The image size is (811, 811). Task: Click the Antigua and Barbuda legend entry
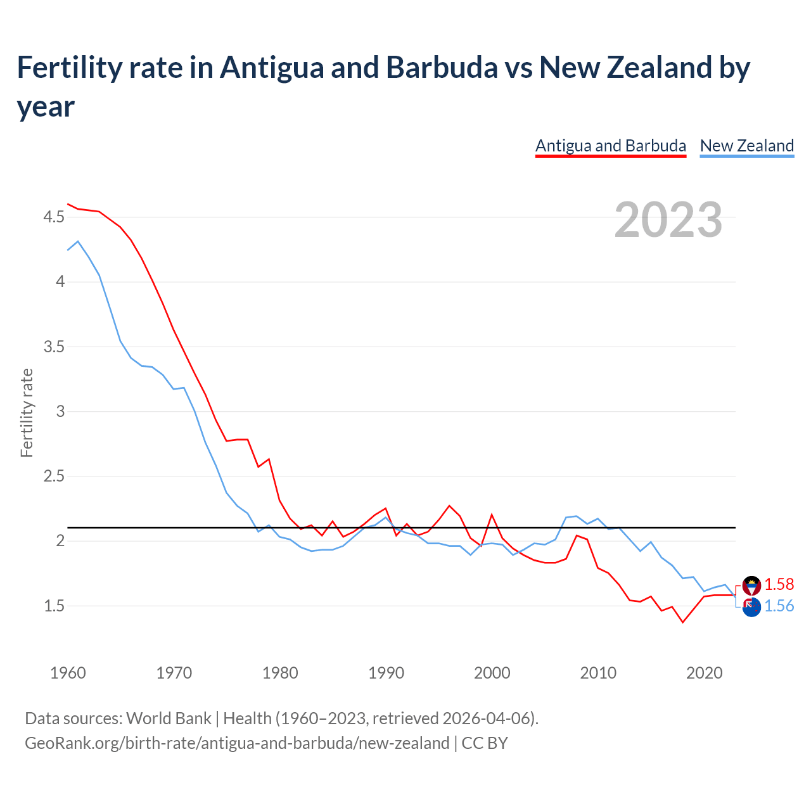click(x=610, y=146)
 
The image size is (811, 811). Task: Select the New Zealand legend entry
click(x=746, y=146)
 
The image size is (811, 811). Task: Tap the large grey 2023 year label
click(x=668, y=219)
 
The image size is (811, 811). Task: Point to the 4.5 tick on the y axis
click(x=54, y=217)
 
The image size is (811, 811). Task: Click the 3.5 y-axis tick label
click(x=54, y=347)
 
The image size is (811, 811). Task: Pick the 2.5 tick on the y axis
click(x=54, y=476)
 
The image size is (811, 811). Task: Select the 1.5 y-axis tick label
click(x=54, y=606)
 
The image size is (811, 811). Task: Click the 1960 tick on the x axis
click(x=68, y=673)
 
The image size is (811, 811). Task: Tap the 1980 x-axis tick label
click(x=280, y=673)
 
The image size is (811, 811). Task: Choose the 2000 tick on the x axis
click(x=492, y=673)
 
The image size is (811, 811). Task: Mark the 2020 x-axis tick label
click(x=704, y=673)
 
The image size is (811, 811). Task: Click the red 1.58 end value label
click(x=779, y=584)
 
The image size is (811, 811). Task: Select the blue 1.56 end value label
click(x=779, y=606)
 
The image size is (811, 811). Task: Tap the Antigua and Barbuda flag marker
click(x=751, y=585)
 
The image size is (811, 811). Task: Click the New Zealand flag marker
click(x=751, y=608)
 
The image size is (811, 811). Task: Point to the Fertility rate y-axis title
click(x=27, y=412)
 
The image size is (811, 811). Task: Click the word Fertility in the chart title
click(x=67, y=67)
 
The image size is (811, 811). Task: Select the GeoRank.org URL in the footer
click(x=237, y=743)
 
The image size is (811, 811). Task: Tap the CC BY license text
click(x=485, y=743)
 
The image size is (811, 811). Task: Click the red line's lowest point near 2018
click(x=682, y=622)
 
